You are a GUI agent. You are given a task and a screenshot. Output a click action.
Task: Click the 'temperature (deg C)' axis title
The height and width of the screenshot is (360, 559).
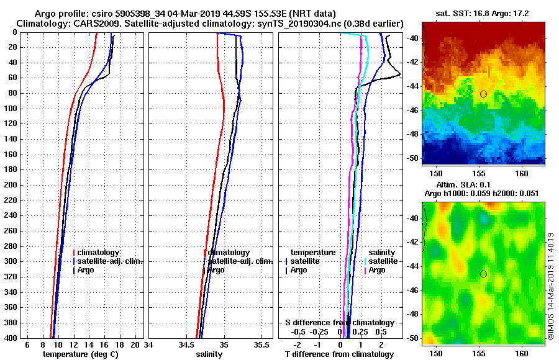click(x=80, y=354)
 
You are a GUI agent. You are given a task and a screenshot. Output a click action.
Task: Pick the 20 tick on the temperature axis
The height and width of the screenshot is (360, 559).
click(x=135, y=344)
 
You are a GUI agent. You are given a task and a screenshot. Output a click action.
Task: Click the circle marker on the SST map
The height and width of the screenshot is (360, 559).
click(x=483, y=94)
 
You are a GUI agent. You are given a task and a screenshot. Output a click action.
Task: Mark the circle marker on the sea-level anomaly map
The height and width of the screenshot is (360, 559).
click(x=483, y=274)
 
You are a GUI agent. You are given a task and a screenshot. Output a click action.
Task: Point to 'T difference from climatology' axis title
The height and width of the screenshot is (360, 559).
click(x=339, y=354)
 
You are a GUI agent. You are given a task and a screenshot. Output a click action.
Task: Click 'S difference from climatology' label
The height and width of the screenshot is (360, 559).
click(x=339, y=323)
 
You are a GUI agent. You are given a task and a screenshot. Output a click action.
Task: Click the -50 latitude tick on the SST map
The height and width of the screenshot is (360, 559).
click(x=412, y=159)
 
